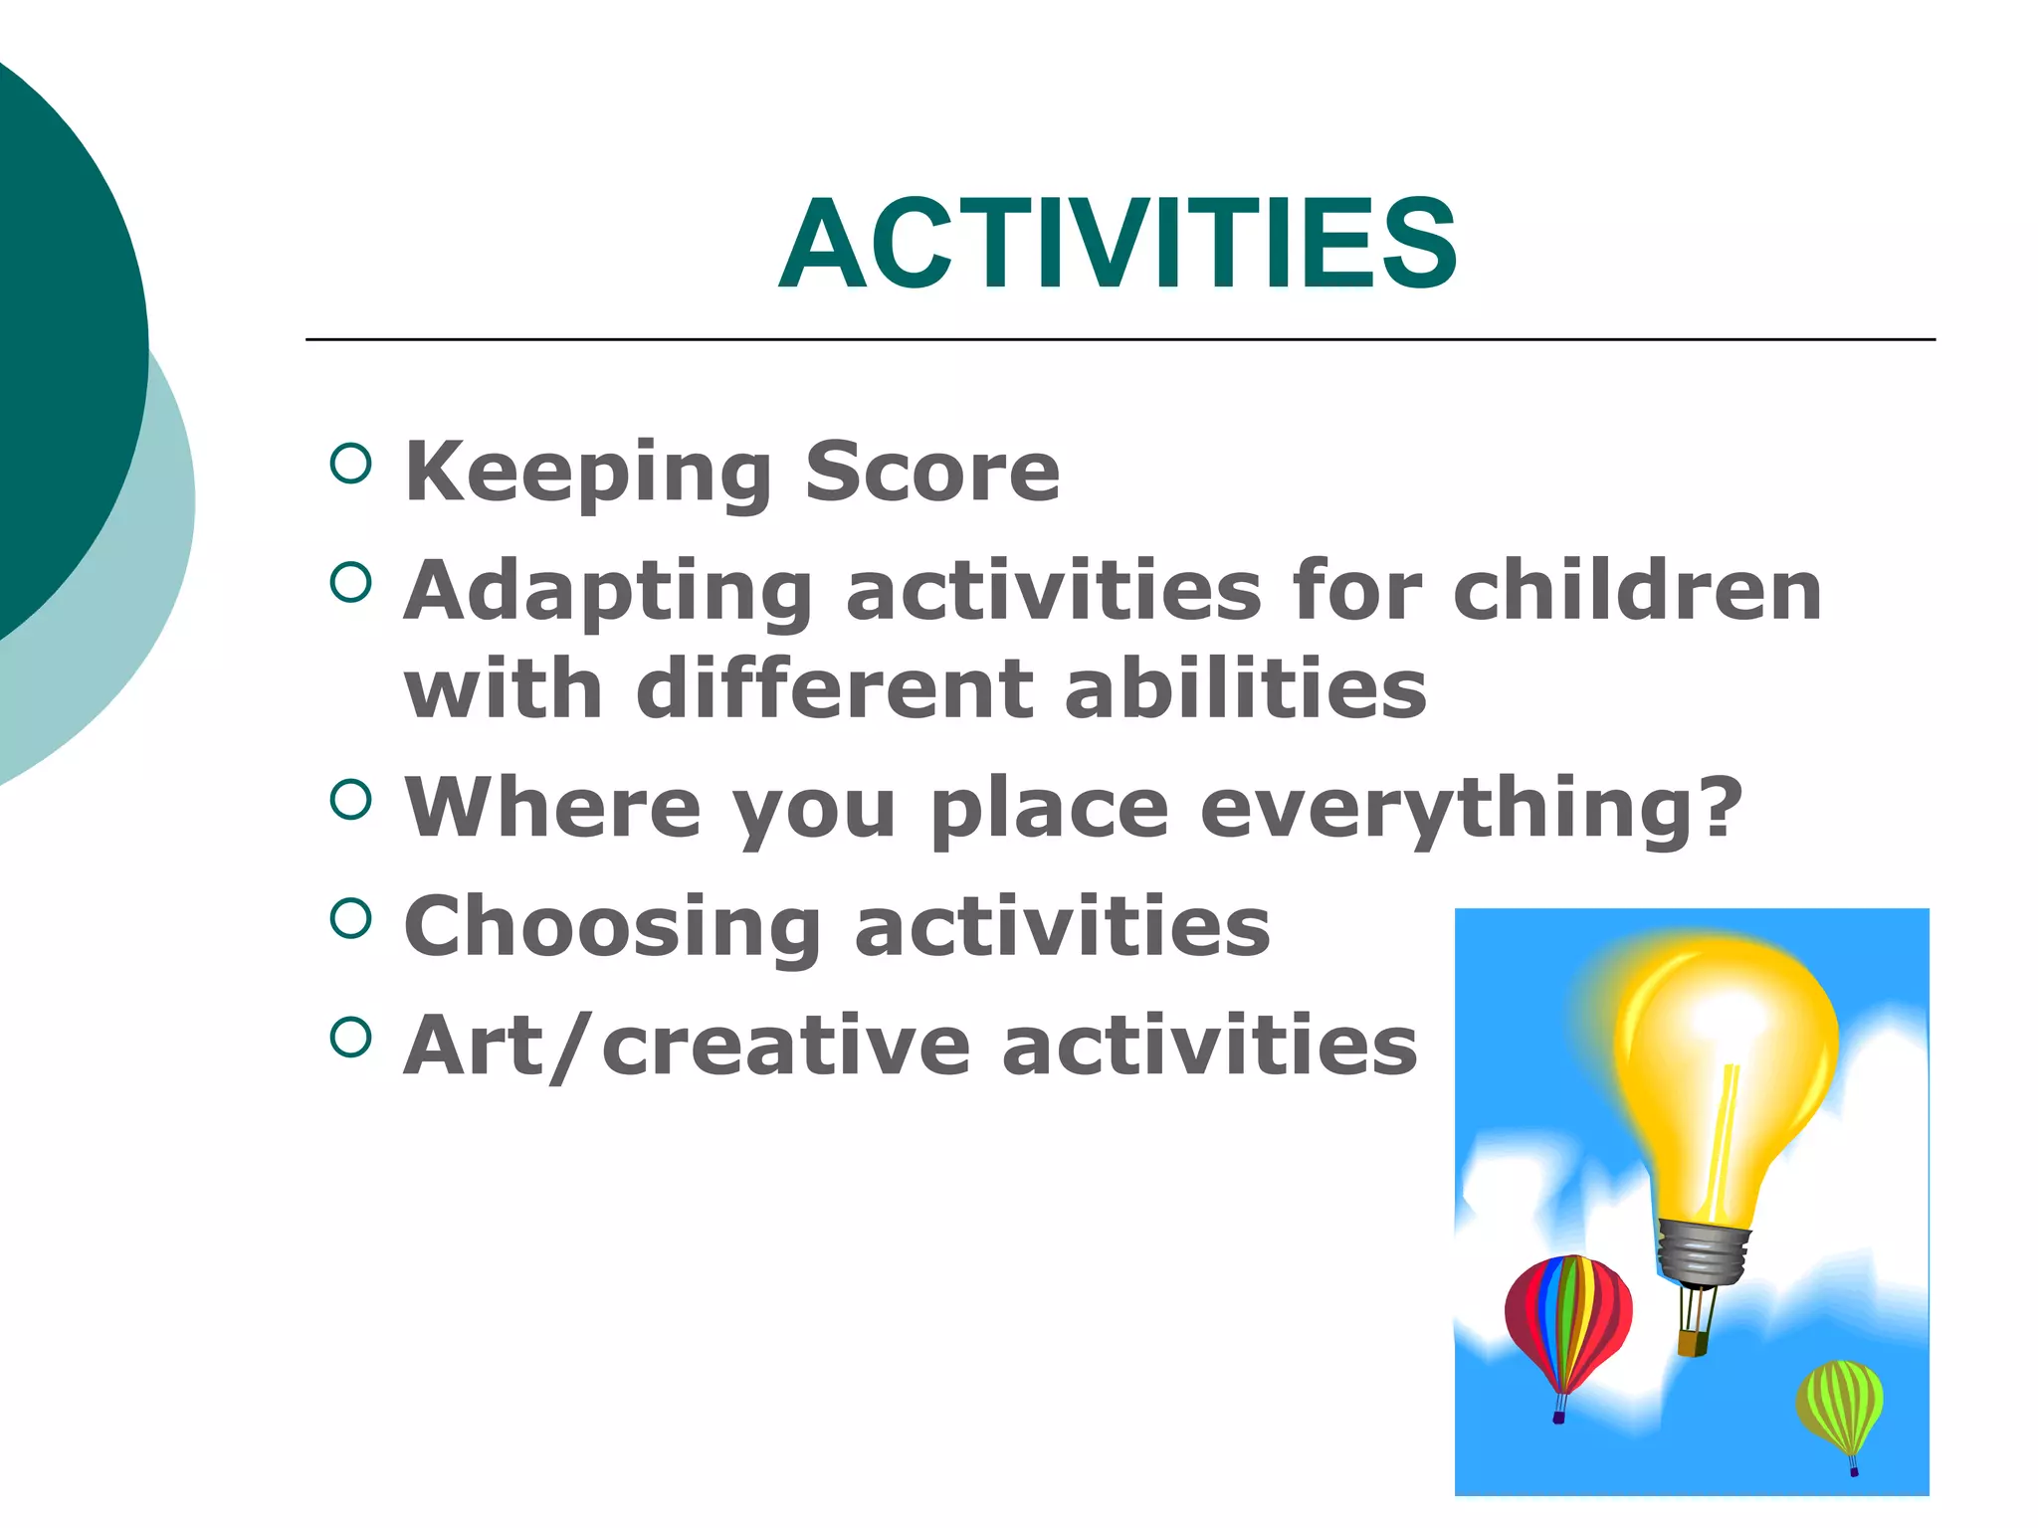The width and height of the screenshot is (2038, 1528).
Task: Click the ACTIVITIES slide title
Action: click(x=1118, y=245)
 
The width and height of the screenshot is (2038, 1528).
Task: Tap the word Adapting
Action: click(x=608, y=591)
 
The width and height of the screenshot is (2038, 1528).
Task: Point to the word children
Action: click(x=1637, y=591)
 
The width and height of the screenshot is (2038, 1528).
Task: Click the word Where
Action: click(x=553, y=807)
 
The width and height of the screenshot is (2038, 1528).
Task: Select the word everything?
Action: click(x=1471, y=807)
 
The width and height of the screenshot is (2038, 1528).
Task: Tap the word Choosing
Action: click(x=613, y=926)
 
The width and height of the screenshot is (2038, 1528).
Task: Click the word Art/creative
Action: click(x=687, y=1046)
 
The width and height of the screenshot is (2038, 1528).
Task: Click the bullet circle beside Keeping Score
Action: click(x=350, y=463)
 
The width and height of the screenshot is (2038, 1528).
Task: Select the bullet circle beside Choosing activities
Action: click(x=350, y=917)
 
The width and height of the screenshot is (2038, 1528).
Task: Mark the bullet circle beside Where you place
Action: click(x=350, y=798)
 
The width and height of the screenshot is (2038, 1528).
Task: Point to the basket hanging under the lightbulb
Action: click(x=1693, y=1343)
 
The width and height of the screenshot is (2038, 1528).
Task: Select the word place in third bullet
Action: click(x=1049, y=807)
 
